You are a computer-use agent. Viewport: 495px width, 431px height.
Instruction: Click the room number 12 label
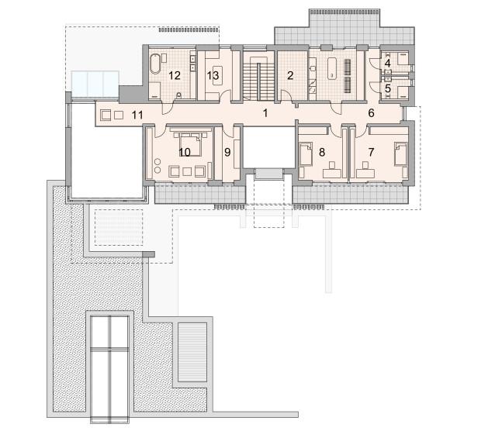(x=175, y=76)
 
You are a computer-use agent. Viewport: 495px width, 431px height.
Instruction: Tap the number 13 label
(x=213, y=76)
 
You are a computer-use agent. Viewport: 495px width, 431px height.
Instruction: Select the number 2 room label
(x=290, y=75)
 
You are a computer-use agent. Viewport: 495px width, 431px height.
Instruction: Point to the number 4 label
(x=388, y=63)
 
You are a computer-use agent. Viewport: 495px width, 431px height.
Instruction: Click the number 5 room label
(x=388, y=88)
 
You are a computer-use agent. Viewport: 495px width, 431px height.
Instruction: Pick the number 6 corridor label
(x=371, y=113)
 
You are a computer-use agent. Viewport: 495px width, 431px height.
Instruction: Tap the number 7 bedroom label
(x=371, y=153)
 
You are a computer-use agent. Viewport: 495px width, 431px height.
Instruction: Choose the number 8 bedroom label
(x=322, y=153)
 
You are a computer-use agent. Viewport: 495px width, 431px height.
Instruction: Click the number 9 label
(x=227, y=153)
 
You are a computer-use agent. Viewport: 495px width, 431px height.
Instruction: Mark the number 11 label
(x=137, y=116)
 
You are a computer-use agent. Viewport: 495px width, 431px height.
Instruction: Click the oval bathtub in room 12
(x=154, y=64)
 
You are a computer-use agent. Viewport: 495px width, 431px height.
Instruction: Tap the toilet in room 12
(x=179, y=95)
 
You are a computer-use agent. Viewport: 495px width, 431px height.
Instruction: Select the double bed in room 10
(x=190, y=144)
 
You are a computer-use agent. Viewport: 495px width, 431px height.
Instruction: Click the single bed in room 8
(x=305, y=153)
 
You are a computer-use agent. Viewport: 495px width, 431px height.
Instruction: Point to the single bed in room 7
(x=400, y=153)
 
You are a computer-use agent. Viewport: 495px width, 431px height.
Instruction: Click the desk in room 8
(x=332, y=173)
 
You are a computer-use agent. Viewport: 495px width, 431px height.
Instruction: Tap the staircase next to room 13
(x=258, y=78)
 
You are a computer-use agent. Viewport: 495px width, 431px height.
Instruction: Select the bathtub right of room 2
(x=332, y=68)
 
